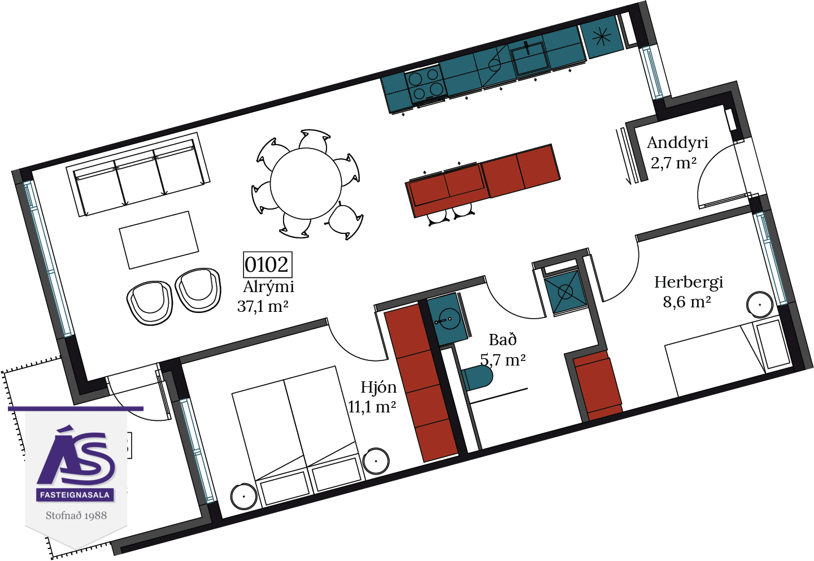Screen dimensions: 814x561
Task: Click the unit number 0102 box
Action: pos(267,264)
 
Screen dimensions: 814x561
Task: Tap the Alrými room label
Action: pos(268,287)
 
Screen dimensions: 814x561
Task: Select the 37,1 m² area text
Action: pos(263,306)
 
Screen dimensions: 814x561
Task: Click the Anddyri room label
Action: pos(678,143)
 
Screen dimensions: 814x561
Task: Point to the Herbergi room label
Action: pos(689,282)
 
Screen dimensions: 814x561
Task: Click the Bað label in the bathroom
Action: pos(503,340)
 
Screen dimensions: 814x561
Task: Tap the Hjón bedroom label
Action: pos(378,388)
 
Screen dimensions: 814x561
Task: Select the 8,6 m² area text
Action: pos(687,302)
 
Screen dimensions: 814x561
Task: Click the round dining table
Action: pos(306,184)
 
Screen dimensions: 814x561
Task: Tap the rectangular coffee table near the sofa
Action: pos(159,240)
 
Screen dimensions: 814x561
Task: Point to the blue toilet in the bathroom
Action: pos(477,377)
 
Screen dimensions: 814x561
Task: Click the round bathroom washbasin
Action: pos(447,319)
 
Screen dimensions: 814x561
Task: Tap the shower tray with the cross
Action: pos(565,292)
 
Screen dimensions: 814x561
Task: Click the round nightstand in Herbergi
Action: pos(760,305)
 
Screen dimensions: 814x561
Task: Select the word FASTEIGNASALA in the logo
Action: pos(75,495)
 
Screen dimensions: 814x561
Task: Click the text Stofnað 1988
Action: pos(76,515)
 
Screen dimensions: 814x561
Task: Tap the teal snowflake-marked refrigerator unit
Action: pos(602,36)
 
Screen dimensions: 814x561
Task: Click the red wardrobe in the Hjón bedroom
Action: pos(421,383)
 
